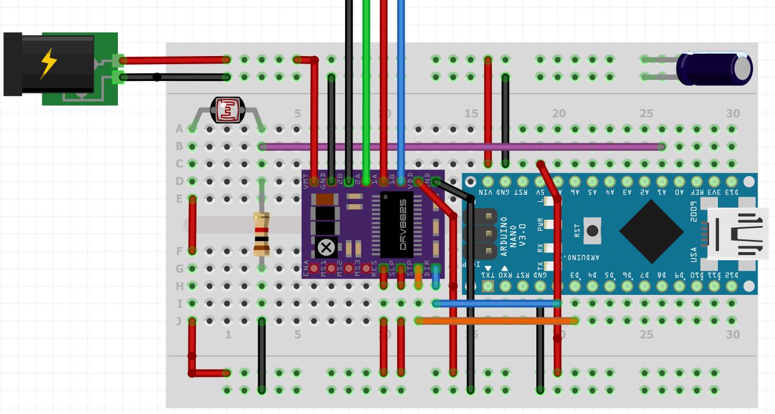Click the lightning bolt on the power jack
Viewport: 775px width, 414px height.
[48, 64]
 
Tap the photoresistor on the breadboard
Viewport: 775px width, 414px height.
[227, 110]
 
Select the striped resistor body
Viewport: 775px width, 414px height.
[262, 234]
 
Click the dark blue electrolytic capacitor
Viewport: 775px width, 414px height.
[714, 68]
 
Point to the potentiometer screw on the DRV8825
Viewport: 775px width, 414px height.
[326, 248]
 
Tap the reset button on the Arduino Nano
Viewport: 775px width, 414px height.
[592, 230]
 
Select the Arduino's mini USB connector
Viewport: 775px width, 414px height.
[737, 234]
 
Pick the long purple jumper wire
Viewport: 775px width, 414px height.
[462, 147]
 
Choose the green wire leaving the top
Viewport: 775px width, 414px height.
[366, 87]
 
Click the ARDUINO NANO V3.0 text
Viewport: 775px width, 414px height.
[512, 235]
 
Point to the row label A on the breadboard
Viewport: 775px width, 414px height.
[179, 129]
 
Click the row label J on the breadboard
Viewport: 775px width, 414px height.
[179, 321]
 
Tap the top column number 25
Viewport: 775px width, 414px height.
[646, 114]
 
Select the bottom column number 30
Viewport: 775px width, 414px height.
[732, 334]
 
